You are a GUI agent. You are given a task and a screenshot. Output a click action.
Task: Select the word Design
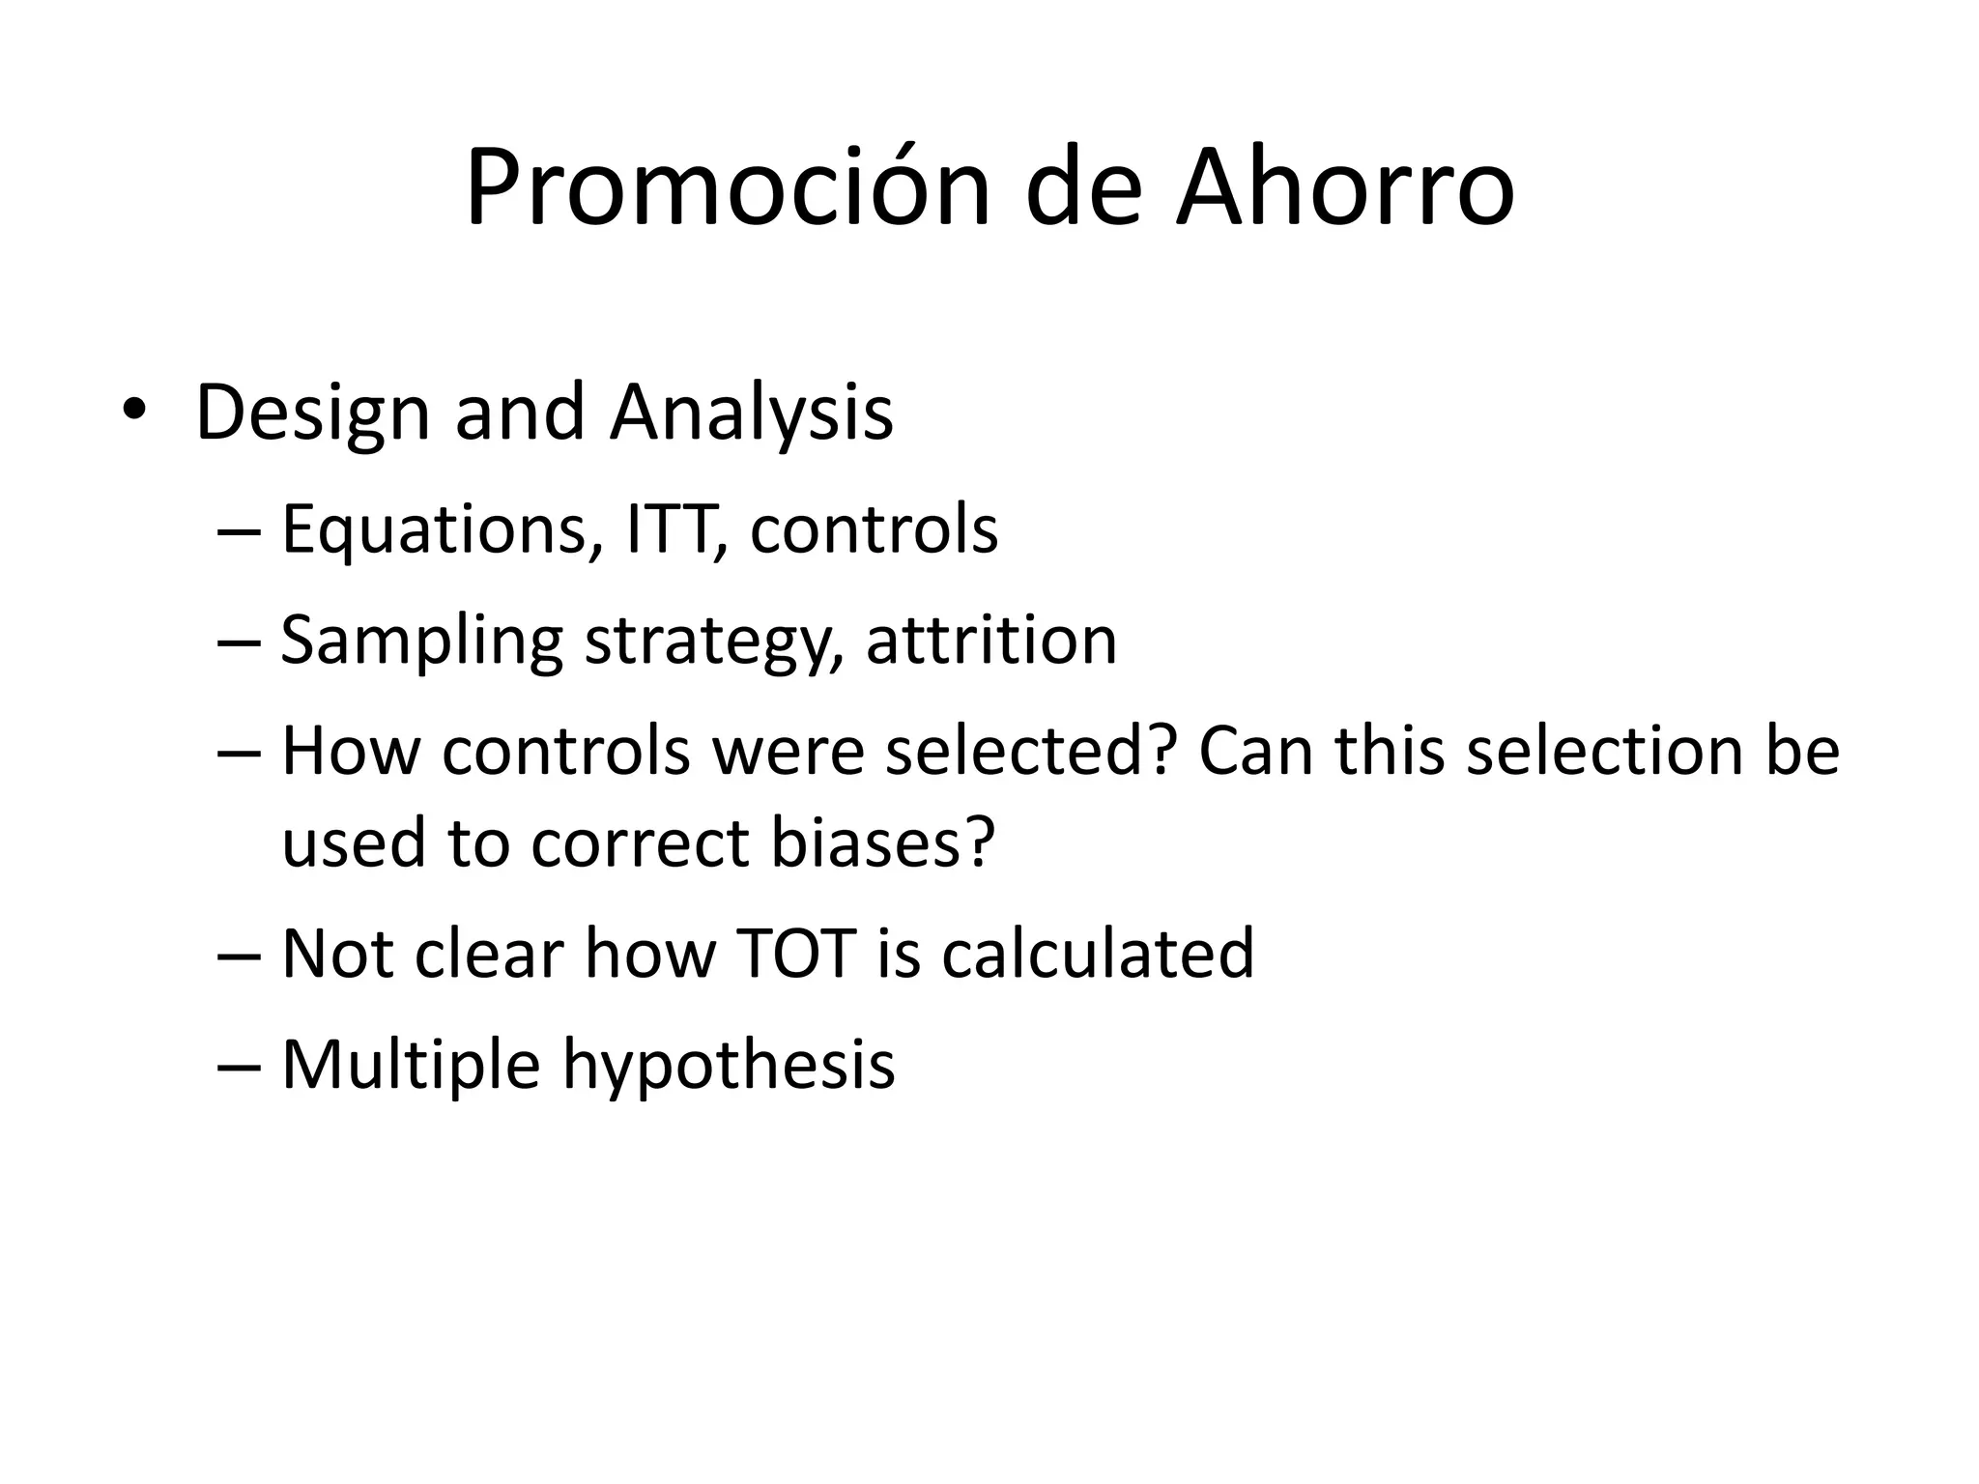click(x=312, y=414)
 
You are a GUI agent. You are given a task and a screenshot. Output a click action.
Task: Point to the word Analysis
click(x=752, y=414)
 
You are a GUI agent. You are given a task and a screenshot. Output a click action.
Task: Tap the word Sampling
click(x=421, y=642)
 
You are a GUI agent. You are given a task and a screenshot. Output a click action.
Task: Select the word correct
click(x=641, y=842)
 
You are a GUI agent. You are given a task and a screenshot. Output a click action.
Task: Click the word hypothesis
click(x=730, y=1066)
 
